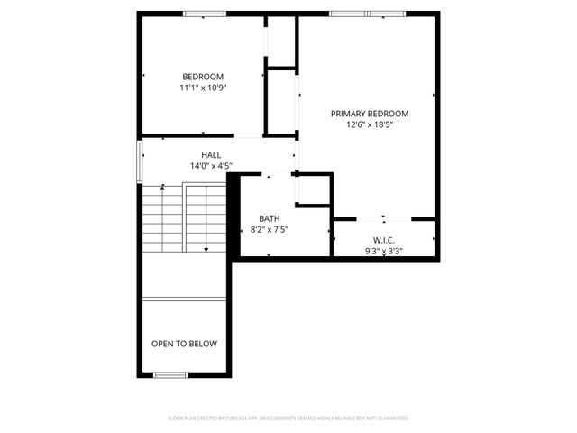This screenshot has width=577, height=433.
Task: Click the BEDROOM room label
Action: [x=203, y=77]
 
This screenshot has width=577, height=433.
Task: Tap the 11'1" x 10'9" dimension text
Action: [x=203, y=88]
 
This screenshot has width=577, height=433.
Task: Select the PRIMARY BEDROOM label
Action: [x=370, y=114]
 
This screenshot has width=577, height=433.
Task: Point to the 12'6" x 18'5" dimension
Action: [x=370, y=125]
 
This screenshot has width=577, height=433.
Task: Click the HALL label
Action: [x=211, y=155]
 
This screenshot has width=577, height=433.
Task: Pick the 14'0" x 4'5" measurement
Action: [x=211, y=166]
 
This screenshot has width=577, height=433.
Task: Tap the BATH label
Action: [x=270, y=218]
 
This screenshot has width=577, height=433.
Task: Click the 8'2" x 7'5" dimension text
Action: [x=270, y=230]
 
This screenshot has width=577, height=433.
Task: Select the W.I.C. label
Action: [x=385, y=240]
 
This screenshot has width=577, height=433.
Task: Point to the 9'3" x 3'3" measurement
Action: [x=385, y=252]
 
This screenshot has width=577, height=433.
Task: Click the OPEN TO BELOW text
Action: [x=184, y=344]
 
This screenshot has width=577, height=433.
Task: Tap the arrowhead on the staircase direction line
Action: [x=206, y=249]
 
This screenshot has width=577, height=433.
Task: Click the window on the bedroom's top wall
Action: [x=205, y=14]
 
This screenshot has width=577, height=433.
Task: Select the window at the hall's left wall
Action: [x=139, y=161]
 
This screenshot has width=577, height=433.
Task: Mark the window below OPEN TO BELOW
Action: [x=170, y=374]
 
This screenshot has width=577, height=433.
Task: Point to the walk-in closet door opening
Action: [x=385, y=217]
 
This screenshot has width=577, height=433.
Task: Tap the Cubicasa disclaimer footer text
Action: [x=288, y=419]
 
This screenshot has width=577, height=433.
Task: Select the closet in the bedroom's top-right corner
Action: [x=281, y=40]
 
